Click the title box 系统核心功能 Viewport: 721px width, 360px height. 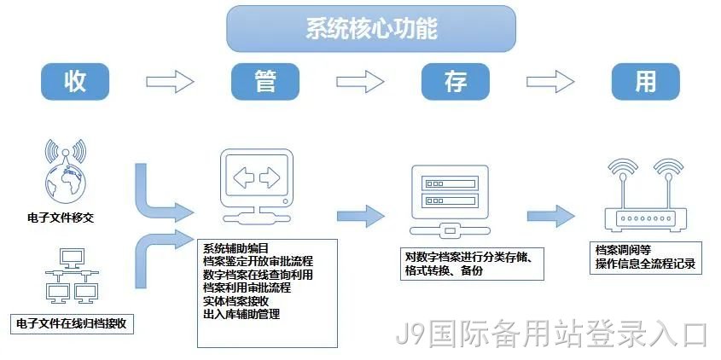pos(371,28)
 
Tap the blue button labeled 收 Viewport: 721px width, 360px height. pos(75,81)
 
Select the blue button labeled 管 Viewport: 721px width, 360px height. pos(265,81)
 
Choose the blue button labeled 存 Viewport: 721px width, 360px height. pos(456,81)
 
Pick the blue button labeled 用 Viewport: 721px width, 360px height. pos(646,81)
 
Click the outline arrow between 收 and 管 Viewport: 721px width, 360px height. pos(170,82)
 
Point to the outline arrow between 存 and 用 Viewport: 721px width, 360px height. pos(550,82)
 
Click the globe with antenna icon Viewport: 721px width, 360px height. pos(66,171)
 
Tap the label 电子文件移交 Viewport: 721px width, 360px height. pos(61,218)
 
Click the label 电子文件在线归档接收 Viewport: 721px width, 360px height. pos(71,323)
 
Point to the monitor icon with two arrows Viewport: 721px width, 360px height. pos(257,187)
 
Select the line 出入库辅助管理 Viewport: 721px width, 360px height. pos(241,315)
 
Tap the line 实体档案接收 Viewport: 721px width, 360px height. pos(235,302)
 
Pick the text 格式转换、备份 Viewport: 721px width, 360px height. pos(444,270)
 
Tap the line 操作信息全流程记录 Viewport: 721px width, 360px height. pos(646,264)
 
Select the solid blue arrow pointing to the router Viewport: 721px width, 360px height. pos(551,216)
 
